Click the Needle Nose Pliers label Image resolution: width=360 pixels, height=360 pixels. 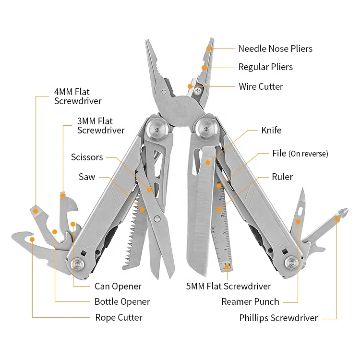[x=275, y=48]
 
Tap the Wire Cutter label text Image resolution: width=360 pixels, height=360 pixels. [x=261, y=86]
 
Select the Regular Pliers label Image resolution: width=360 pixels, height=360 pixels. [x=265, y=67]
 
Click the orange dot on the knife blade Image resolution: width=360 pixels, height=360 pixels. [x=208, y=163]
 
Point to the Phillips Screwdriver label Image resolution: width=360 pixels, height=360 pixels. [x=278, y=318]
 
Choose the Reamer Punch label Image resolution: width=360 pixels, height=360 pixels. [x=250, y=301]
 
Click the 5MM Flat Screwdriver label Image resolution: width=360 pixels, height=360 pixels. [x=228, y=286]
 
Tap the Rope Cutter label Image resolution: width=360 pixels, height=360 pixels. [x=119, y=317]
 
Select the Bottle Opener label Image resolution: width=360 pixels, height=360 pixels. [x=122, y=301]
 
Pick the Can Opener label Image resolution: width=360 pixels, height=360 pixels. [x=118, y=286]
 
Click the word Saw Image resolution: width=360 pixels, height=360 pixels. [x=87, y=177]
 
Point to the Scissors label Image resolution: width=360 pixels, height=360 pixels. [x=87, y=157]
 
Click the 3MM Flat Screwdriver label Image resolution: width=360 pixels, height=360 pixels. [x=101, y=126]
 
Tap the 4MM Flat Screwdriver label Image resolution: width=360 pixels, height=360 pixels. [x=78, y=96]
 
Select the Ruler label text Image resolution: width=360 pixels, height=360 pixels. [x=282, y=177]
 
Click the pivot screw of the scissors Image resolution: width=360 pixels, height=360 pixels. [x=158, y=219]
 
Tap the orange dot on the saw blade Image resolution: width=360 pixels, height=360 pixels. [x=142, y=209]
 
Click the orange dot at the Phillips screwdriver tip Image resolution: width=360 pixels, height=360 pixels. [x=337, y=219]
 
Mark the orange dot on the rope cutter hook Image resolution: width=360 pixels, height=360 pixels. [x=32, y=239]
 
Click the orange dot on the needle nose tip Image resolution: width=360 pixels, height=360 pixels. [x=209, y=48]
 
